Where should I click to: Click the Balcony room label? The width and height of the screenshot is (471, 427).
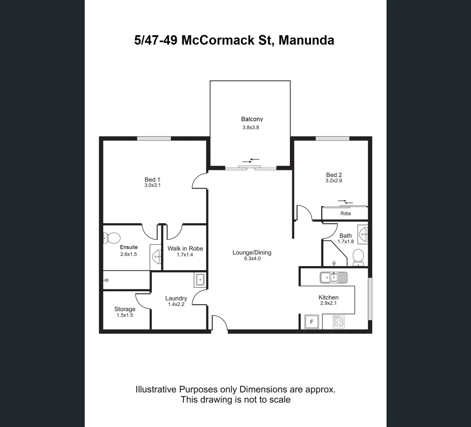[x=252, y=119]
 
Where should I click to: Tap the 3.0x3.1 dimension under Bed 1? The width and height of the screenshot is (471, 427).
[x=152, y=185]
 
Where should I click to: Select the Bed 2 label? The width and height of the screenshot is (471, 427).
[x=334, y=175]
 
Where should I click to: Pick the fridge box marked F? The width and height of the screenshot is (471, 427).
[x=312, y=322]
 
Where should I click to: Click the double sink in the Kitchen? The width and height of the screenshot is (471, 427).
[x=333, y=278]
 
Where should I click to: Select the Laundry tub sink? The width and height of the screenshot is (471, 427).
[x=200, y=280]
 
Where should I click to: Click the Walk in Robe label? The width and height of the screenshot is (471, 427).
[x=185, y=248]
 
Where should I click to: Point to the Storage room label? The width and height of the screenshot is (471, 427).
[x=125, y=309]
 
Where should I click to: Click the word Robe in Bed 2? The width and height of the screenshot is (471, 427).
[x=346, y=213]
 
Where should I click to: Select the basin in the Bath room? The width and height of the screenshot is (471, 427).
[x=363, y=235]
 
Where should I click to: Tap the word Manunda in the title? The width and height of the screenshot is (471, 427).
[x=306, y=40]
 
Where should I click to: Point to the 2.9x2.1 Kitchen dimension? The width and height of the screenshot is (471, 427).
[x=328, y=303]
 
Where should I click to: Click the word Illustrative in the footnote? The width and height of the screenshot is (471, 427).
[x=156, y=389]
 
